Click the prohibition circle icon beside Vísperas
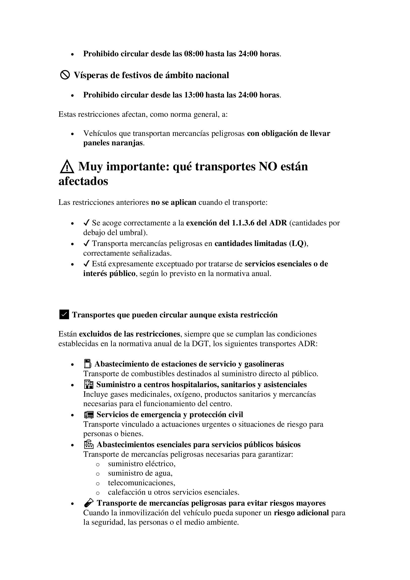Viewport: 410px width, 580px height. click(65, 75)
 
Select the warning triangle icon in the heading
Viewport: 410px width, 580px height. click(67, 167)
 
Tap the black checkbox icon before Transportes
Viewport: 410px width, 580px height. click(64, 315)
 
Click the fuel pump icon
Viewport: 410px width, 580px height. click(87, 364)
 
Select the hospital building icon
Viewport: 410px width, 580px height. click(88, 385)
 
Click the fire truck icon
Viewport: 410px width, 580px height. click(88, 415)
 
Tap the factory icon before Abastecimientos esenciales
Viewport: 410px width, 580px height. click(88, 444)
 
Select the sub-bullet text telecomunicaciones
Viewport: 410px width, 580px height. click(141, 483)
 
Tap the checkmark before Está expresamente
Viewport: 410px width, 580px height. click(86, 264)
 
